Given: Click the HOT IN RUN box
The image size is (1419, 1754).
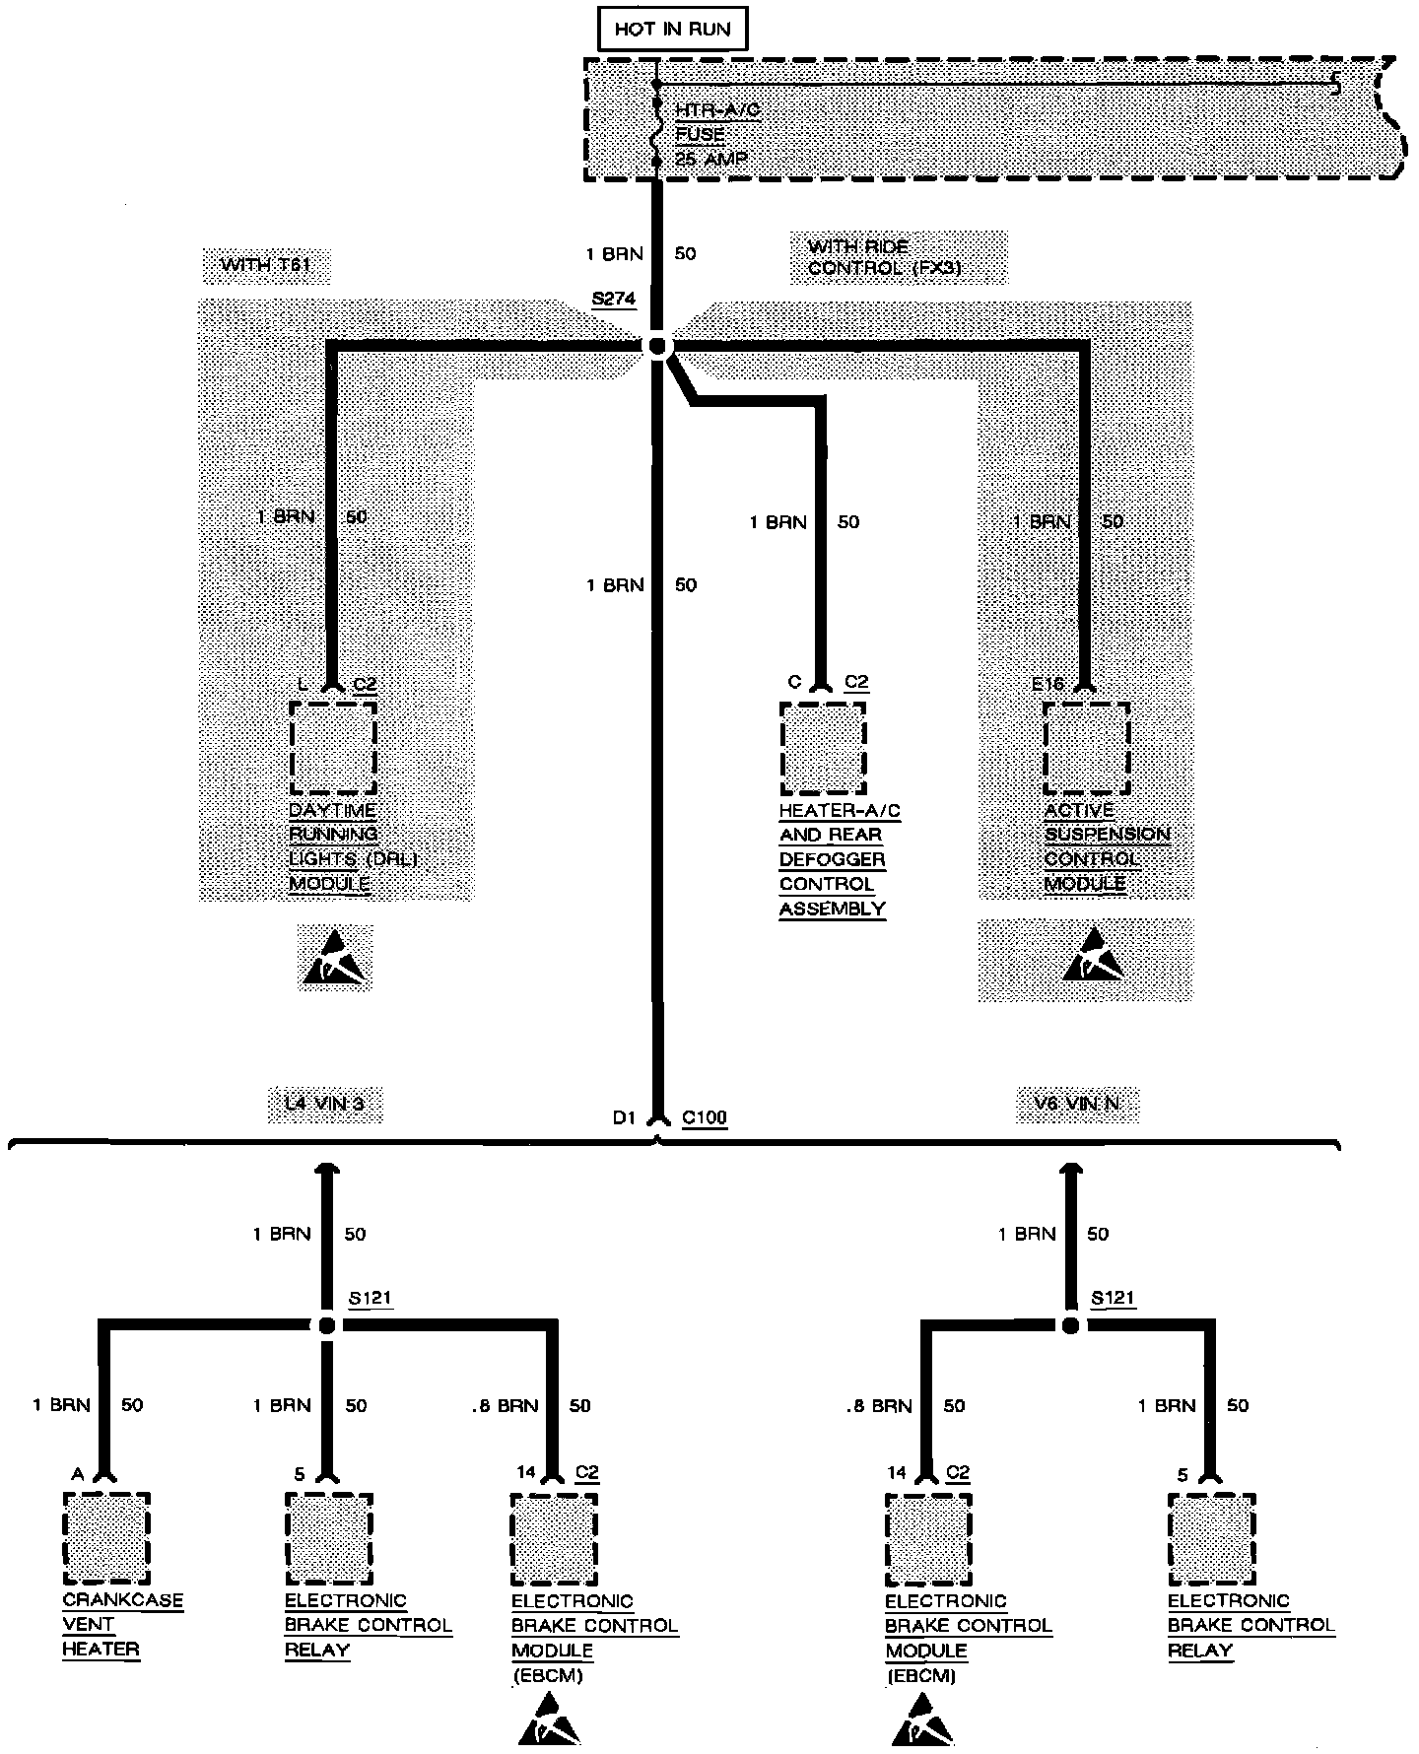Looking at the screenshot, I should (672, 29).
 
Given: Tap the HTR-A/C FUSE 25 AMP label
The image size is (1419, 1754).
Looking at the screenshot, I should (717, 135).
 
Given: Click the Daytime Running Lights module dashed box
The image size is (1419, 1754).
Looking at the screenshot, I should (333, 747).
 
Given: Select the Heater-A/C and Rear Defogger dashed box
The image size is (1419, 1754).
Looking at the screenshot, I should (823, 748).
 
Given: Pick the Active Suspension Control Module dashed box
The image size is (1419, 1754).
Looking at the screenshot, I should (1087, 748).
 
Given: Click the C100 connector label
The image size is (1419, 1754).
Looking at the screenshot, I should (704, 1117).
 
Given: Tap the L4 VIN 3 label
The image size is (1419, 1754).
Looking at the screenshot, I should (324, 1103).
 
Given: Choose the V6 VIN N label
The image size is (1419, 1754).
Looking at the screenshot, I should (1077, 1103).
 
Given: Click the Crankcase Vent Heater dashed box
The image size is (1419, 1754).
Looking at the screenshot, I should (106, 1538).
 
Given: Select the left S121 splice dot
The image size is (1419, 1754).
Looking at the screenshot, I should (327, 1325).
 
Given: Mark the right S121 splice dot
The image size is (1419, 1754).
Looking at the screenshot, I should (1071, 1325).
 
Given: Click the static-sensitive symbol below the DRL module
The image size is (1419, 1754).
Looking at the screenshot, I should (335, 959).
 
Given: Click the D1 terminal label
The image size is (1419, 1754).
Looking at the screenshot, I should (624, 1118).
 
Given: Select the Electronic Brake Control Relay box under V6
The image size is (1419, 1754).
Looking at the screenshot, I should (1211, 1538).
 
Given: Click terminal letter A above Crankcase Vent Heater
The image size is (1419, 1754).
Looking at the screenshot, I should (78, 1474).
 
